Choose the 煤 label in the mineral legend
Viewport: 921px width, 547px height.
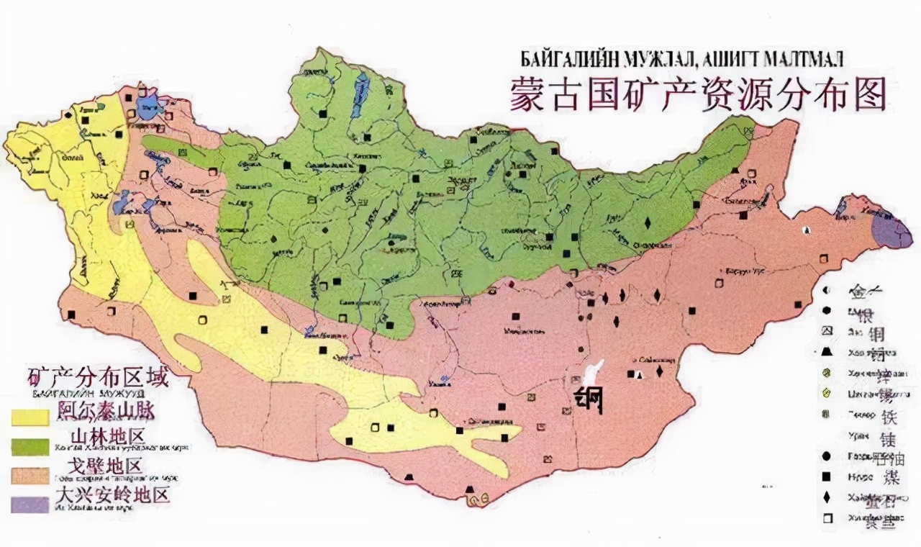[891, 477]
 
